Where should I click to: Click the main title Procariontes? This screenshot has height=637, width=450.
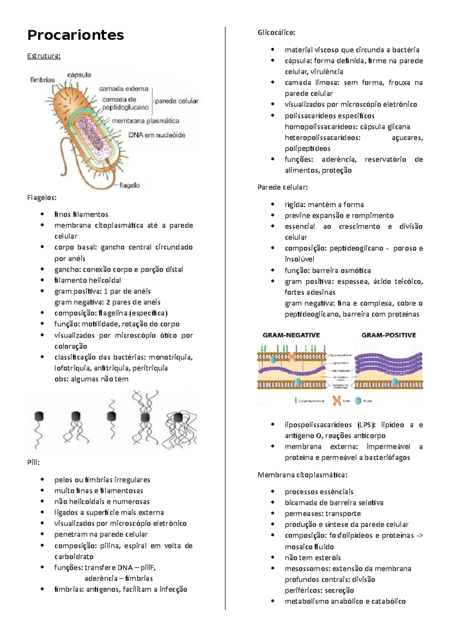pyautogui.click(x=75, y=35)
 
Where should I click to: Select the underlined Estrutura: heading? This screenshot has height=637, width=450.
pyautogui.click(x=43, y=56)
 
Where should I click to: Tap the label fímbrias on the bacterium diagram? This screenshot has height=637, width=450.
pyautogui.click(x=42, y=80)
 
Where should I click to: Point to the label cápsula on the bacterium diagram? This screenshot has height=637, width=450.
pyautogui.click(x=79, y=75)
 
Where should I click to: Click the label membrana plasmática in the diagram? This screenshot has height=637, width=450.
pyautogui.click(x=145, y=121)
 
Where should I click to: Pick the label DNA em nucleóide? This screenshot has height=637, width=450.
pyautogui.click(x=157, y=135)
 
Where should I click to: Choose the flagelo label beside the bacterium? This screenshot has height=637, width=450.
pyautogui.click(x=129, y=185)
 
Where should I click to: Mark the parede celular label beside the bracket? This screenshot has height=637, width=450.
pyautogui.click(x=177, y=101)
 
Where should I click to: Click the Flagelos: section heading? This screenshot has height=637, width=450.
pyautogui.click(x=42, y=197)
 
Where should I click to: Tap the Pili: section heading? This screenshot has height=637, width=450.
pyautogui.click(x=33, y=462)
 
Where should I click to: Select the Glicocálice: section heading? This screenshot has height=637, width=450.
pyautogui.click(x=276, y=32)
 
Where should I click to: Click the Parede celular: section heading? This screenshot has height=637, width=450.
pyautogui.click(x=282, y=187)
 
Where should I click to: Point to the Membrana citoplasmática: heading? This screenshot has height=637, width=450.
pyautogui.click(x=303, y=475)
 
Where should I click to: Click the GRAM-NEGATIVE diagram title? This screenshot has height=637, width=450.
pyautogui.click(x=291, y=335)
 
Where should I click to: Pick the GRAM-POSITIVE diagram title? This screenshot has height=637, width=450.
pyautogui.click(x=388, y=335)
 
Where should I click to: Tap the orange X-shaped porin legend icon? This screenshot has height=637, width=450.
pyautogui.click(x=337, y=401)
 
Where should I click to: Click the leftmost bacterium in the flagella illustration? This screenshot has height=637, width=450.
pyautogui.click(x=39, y=416)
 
